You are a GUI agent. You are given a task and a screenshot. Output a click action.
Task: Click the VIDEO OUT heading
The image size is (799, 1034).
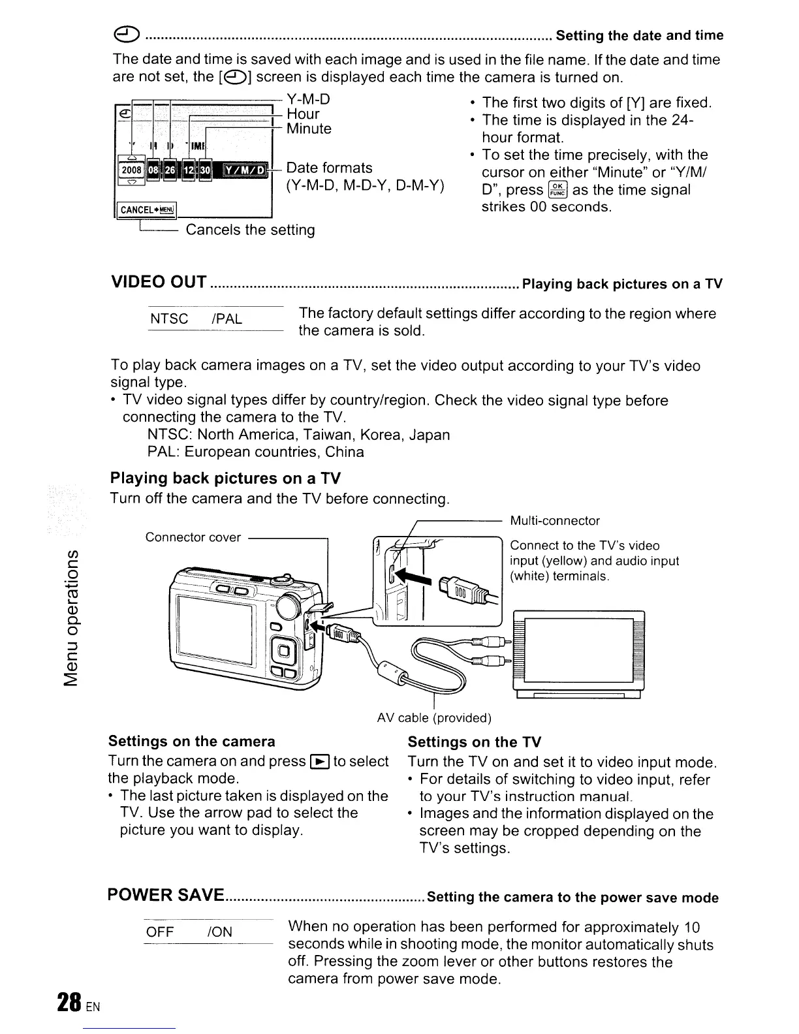pos(159,283)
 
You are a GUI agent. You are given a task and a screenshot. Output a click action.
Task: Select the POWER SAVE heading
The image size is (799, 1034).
pos(166,895)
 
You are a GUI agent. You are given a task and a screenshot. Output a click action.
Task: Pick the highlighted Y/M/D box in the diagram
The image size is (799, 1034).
pos(245,171)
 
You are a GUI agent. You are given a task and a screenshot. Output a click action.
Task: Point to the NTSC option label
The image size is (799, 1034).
pos(169,319)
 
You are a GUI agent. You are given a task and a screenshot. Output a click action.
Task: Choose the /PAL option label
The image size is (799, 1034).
pos(227,319)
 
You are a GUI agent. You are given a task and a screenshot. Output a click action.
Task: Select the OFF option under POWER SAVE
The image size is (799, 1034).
pos(160,932)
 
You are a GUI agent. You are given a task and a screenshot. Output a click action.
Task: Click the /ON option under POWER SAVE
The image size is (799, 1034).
pos(219,932)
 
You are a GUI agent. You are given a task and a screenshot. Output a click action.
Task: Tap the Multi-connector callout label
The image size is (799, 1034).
pos(554,521)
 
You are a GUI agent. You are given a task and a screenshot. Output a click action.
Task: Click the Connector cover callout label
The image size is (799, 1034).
pos(193,537)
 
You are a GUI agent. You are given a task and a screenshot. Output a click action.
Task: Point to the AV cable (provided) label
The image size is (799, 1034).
pos(434,718)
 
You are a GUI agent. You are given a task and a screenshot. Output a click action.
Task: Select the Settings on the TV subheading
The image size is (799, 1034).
pos(475,742)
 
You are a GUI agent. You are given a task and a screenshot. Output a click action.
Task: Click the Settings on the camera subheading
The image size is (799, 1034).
pos(192,741)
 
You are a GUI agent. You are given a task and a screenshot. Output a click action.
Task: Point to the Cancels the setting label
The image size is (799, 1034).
pos(251,230)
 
